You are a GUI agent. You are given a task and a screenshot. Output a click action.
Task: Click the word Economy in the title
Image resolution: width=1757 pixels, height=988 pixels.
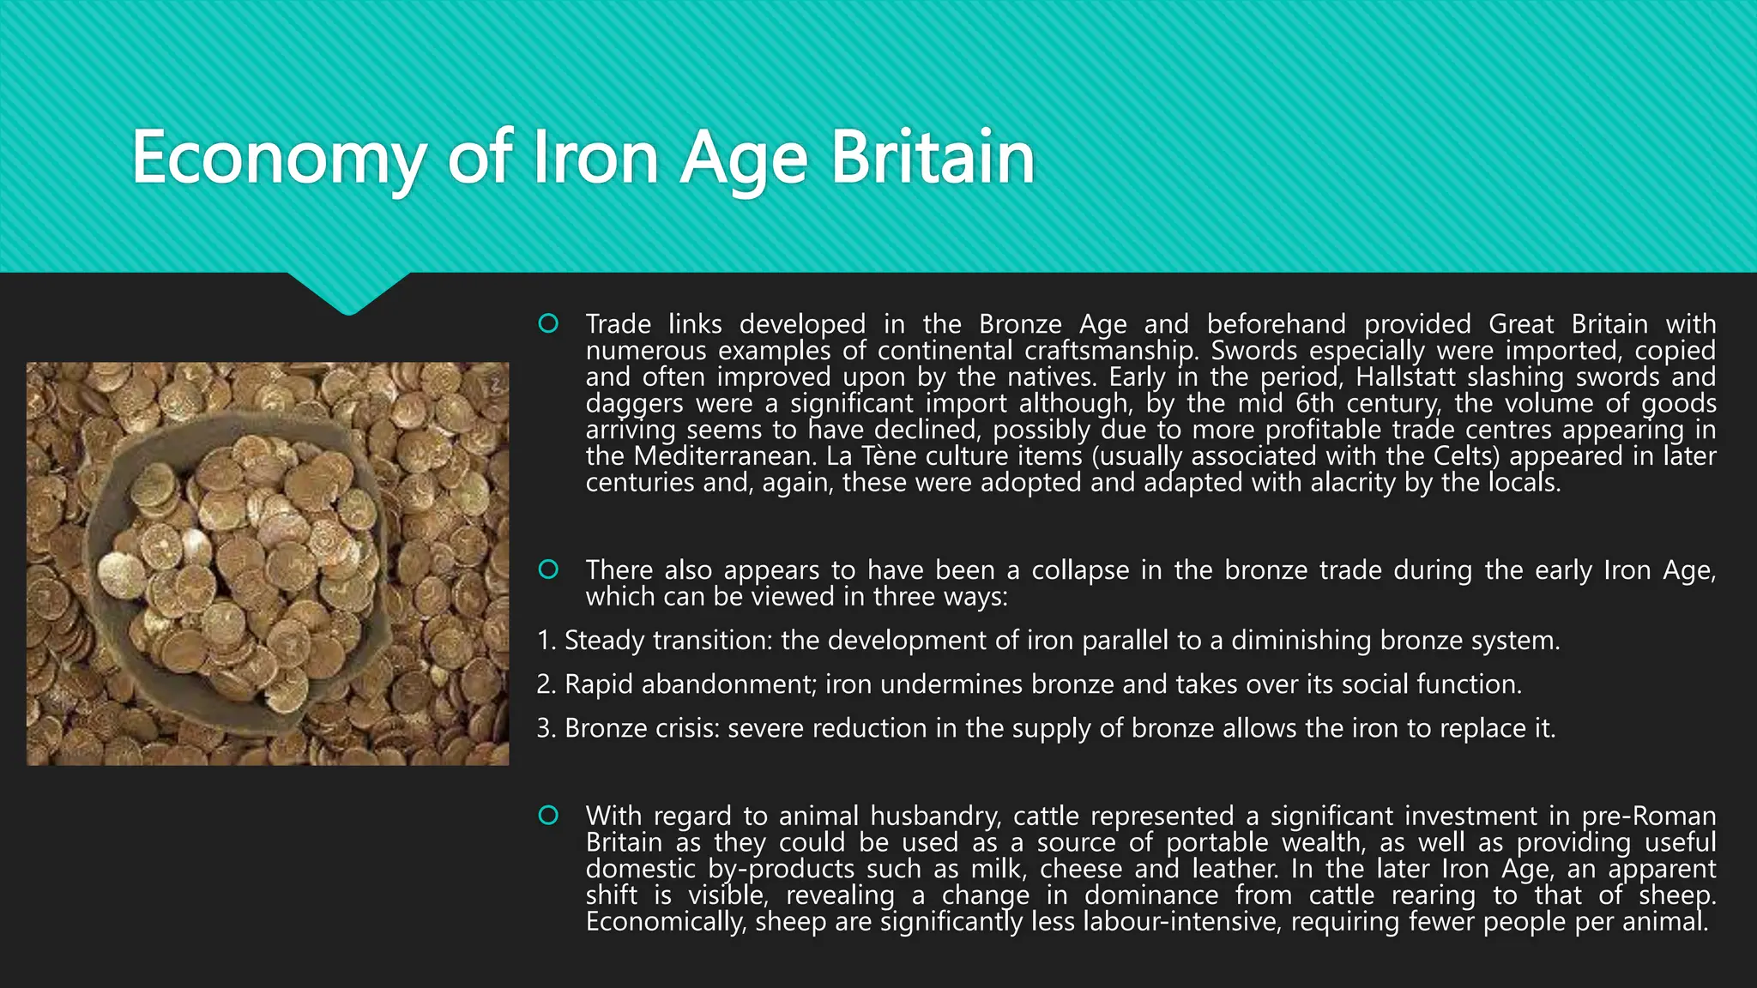(x=277, y=159)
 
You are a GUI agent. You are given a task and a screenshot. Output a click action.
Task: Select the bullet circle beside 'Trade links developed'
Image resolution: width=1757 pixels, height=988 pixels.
(x=548, y=323)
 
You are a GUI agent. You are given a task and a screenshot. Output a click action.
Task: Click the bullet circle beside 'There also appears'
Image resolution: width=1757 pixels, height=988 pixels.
(x=548, y=569)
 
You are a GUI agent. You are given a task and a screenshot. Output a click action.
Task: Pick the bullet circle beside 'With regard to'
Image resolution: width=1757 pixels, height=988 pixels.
(x=548, y=816)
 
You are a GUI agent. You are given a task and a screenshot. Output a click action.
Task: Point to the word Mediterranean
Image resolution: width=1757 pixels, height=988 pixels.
(x=724, y=455)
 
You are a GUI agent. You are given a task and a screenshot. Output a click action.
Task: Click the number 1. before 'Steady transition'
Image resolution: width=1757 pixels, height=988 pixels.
(x=546, y=641)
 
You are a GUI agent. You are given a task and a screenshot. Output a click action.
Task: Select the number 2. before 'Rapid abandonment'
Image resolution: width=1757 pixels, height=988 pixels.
(x=546, y=684)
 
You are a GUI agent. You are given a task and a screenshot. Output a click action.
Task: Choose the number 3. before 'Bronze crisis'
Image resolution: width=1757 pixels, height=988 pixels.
(x=546, y=728)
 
